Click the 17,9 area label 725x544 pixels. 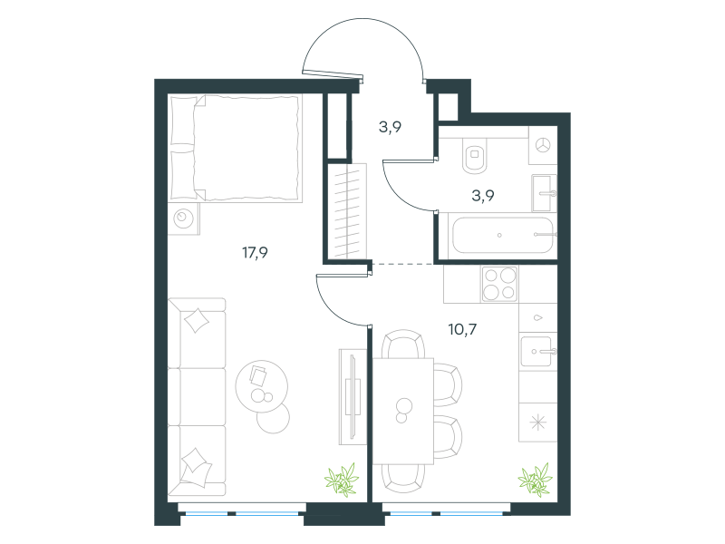pos(255,253)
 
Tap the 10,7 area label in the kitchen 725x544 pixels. pos(462,329)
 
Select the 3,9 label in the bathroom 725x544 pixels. pos(483,196)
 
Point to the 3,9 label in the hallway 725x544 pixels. pos(390,127)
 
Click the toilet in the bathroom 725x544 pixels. pos(474,155)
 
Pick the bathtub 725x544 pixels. pos(503,236)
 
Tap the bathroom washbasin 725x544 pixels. pos(544,193)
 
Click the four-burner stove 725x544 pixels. pos(499,284)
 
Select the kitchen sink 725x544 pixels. pos(537,352)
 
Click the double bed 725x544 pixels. pos(236,148)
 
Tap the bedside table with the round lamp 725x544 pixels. pos(184,219)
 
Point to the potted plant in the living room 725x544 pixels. pos(343,481)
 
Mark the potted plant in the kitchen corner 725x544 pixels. pos(536,481)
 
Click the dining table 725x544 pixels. pos(403,411)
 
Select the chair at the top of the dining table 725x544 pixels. pos(403,345)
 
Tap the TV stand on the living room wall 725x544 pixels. pos(353,397)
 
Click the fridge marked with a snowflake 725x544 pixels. pos(537,423)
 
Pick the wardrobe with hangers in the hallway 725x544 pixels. pos(347,211)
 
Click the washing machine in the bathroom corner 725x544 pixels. pos(543,145)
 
